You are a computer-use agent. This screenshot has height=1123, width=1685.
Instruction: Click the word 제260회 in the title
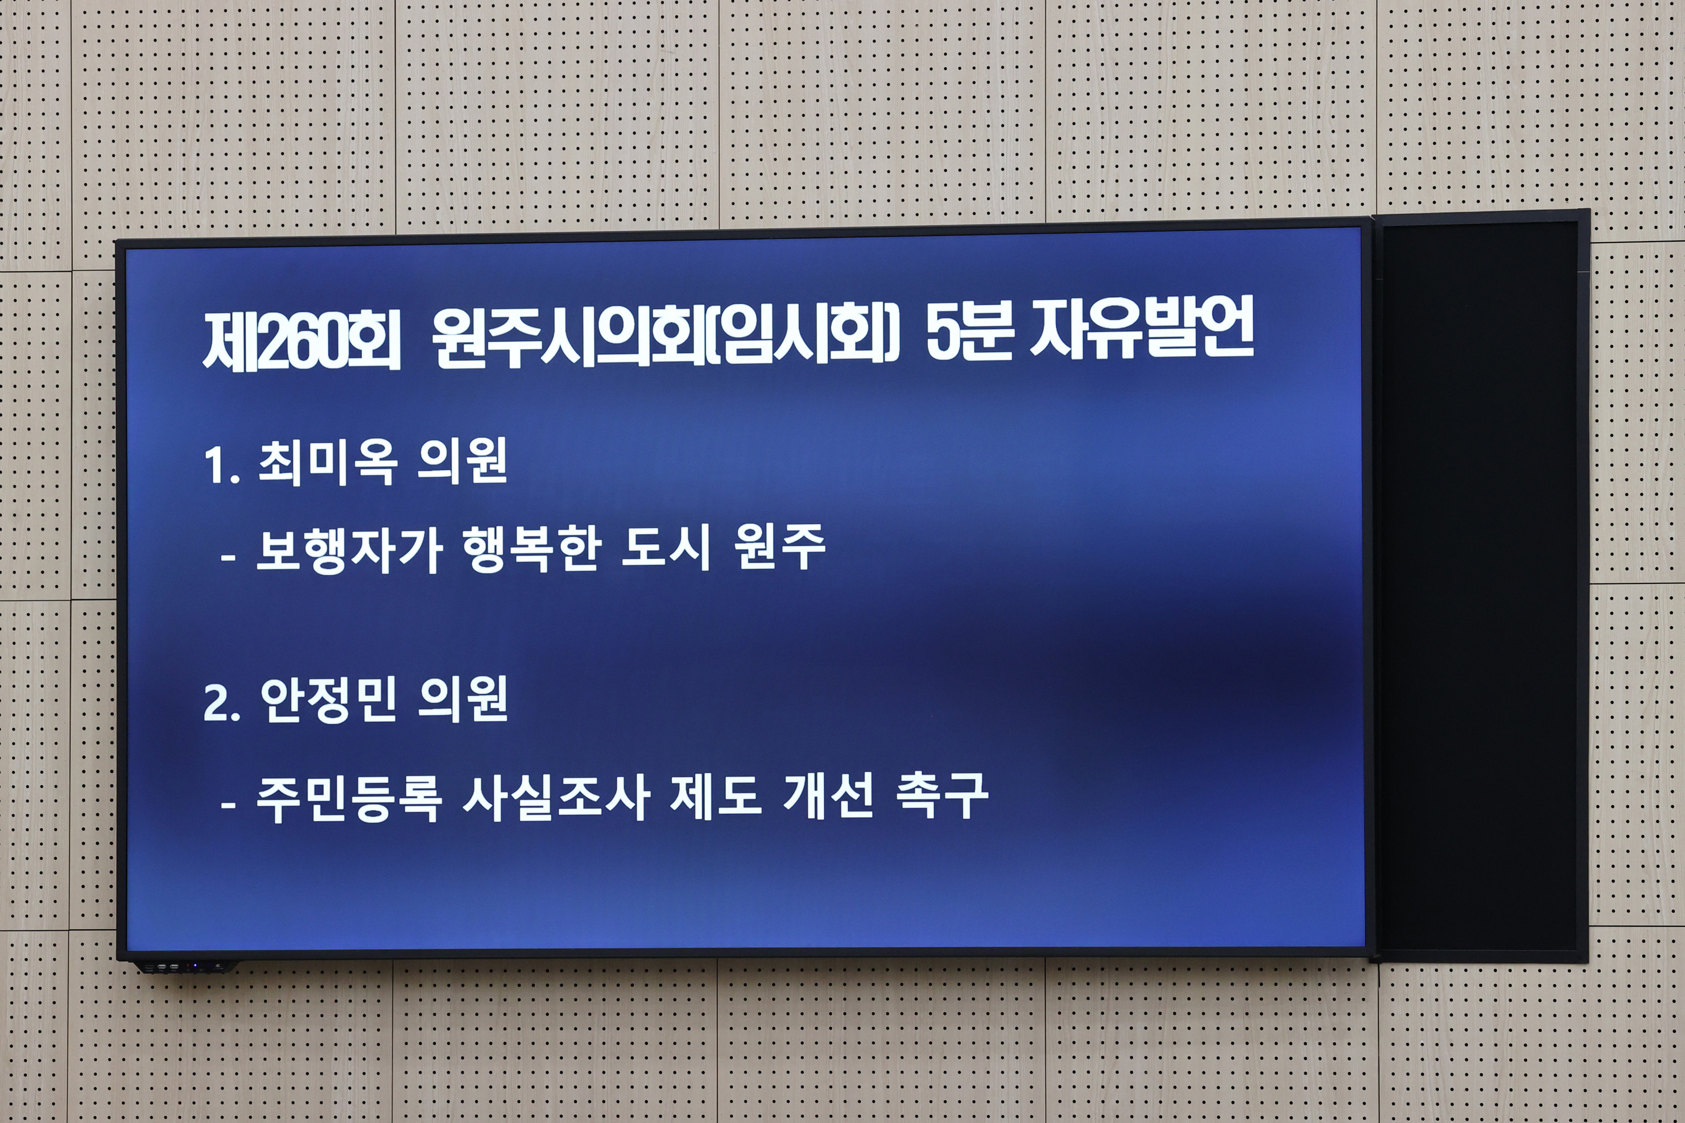point(302,342)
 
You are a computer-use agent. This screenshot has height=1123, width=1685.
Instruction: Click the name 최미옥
point(328,463)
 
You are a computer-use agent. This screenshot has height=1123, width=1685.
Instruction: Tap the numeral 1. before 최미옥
point(221,466)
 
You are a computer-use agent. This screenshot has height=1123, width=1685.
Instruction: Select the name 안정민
point(328,700)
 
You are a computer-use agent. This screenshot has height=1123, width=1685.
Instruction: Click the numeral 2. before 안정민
point(221,703)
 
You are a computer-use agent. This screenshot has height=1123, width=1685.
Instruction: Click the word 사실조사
point(556,797)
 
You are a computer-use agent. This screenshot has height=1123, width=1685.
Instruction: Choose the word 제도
point(715,797)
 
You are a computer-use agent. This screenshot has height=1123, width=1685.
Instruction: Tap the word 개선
point(828,795)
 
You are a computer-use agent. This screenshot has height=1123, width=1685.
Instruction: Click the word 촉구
point(941,795)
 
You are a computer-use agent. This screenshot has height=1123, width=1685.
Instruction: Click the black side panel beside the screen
point(1480,587)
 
